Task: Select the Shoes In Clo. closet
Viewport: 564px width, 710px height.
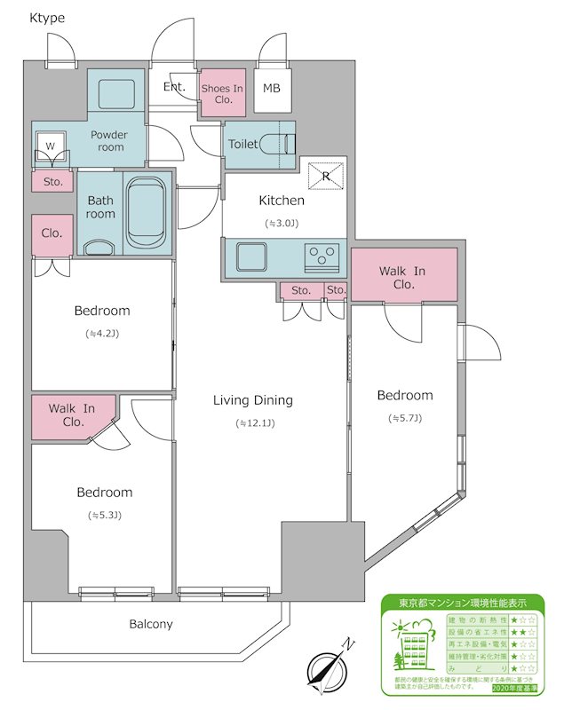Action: [x=222, y=93]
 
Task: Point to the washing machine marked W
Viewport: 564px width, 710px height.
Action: [x=51, y=146]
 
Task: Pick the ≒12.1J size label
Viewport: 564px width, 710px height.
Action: [x=255, y=423]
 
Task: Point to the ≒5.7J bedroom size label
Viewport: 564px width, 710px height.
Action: [x=404, y=417]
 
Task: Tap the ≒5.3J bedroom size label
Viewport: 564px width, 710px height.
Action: [x=105, y=515]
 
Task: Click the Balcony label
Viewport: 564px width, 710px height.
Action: [x=151, y=624]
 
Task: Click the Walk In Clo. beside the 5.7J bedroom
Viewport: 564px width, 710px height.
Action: [x=404, y=277]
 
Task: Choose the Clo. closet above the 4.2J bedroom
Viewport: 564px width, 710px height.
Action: [x=52, y=233]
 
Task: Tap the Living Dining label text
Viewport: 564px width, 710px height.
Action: [x=253, y=400]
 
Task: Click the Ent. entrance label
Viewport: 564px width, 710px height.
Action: [x=174, y=87]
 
